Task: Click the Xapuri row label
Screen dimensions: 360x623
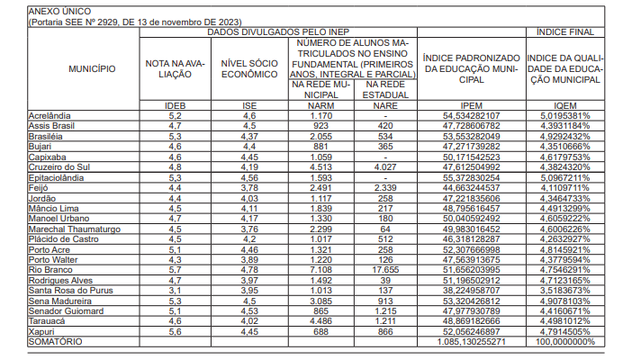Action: click(x=42, y=333)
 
